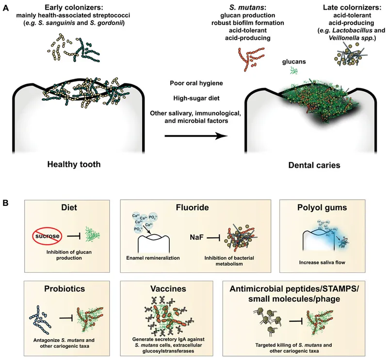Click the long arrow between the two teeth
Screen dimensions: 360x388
coord(196,136)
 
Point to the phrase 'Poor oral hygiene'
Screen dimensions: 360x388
coord(196,84)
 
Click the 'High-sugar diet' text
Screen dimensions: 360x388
coord(196,99)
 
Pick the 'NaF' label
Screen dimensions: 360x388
coord(196,238)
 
